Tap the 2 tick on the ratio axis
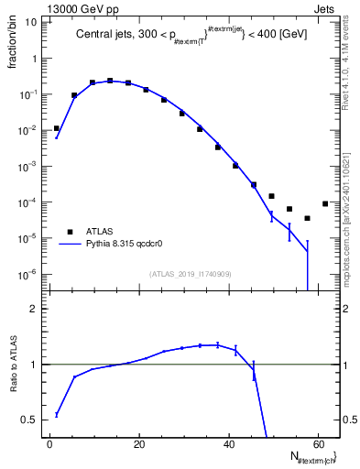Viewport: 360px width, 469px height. coord(34,309)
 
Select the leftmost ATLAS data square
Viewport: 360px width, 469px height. coord(57,128)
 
